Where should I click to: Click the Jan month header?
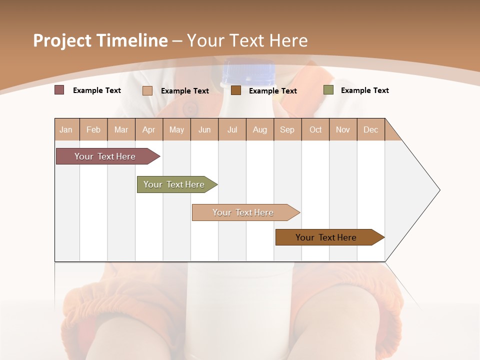66,129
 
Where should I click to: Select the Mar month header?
121,129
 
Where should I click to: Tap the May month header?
176,129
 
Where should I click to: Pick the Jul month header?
232,129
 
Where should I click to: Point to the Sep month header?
287,129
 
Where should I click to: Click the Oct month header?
315,129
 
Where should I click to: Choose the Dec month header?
370,129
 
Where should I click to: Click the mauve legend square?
59,90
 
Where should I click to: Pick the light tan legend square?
147,90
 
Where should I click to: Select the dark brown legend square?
236,90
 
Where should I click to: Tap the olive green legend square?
328,90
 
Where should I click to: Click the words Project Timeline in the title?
100,40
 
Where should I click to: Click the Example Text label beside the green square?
364,90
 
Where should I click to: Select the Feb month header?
93,129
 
